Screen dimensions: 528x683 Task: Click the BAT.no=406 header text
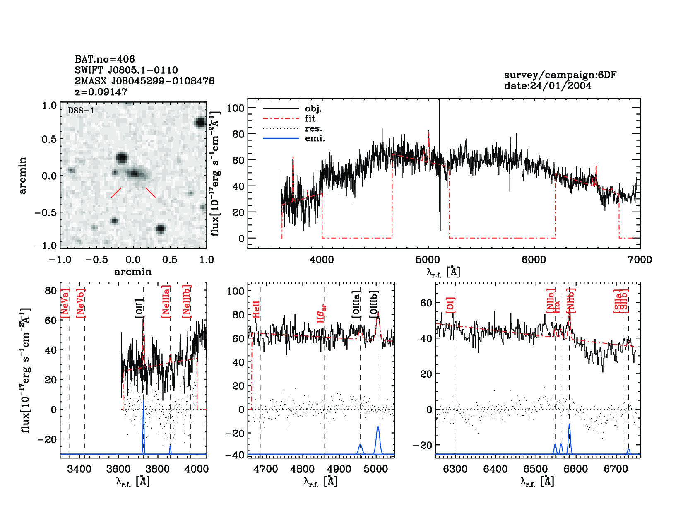(105, 59)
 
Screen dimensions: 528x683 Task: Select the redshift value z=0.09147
(101, 92)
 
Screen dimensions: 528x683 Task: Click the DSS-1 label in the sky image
(81, 111)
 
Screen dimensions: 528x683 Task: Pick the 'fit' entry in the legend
(310, 118)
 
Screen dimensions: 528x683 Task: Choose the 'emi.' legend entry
(315, 138)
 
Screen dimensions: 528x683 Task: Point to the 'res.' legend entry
(313, 128)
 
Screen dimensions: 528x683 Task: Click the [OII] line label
(139, 309)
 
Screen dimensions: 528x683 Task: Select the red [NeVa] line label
(65, 304)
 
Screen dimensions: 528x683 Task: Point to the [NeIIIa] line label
(166, 301)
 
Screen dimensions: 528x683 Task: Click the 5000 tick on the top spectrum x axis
(428, 260)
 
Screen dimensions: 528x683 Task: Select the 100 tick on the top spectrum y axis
(236, 108)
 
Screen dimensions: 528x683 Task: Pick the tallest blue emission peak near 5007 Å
(378, 426)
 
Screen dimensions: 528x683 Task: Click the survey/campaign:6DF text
(560, 75)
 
